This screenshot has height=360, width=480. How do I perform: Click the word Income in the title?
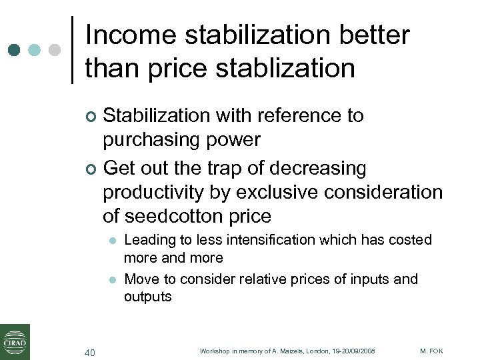(130, 35)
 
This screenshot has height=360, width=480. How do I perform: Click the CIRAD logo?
(15, 341)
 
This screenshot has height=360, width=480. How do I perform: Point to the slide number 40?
(91, 352)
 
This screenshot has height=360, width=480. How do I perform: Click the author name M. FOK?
(432, 351)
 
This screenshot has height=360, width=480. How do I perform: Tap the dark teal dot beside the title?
(15, 50)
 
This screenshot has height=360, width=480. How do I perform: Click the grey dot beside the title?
(55, 50)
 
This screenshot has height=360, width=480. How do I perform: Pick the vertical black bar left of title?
(72, 50)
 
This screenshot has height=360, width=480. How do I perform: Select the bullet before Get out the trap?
(92, 169)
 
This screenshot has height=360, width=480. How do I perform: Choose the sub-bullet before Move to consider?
(113, 279)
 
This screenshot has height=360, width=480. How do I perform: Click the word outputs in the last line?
(147, 297)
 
